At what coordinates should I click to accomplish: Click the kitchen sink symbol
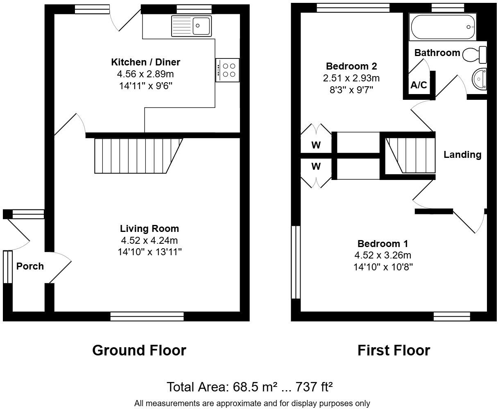point(192,26)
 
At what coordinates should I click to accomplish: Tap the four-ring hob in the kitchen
point(228,70)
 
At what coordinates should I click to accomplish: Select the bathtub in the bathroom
point(442,27)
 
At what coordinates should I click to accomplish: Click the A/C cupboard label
point(419,85)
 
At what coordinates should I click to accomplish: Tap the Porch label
point(30,266)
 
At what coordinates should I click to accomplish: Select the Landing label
point(462,155)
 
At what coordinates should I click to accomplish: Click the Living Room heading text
point(149,229)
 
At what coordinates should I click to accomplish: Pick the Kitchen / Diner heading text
point(145,62)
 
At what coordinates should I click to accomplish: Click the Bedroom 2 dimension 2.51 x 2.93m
point(351,78)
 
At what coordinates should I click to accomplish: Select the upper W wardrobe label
point(316,145)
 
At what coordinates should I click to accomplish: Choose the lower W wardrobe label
point(316,166)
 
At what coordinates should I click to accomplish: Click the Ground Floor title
point(139,351)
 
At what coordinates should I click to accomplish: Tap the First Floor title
point(394,351)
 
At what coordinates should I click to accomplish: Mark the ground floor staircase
point(137,156)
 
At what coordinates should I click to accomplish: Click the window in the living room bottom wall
point(147,316)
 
